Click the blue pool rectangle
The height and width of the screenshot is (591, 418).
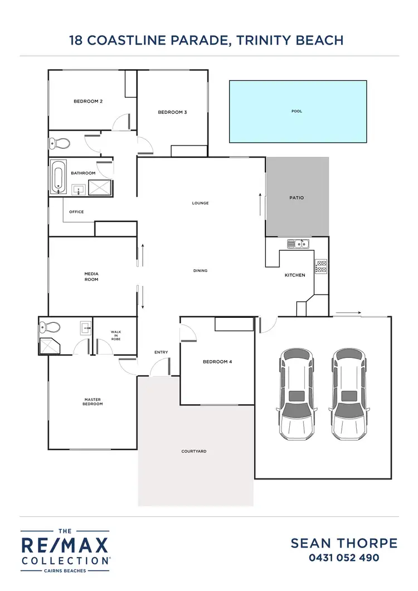point(298,111)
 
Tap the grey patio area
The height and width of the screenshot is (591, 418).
point(297,197)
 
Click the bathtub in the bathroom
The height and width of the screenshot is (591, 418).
point(58,176)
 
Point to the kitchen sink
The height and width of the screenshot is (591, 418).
point(298,244)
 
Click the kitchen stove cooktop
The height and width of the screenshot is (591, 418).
point(321,266)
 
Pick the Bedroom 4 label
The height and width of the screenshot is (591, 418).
point(217,362)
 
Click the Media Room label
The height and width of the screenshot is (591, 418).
point(91,277)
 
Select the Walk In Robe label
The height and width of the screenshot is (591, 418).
point(115,335)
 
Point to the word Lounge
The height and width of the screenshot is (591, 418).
point(200,203)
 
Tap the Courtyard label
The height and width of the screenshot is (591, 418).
point(194,451)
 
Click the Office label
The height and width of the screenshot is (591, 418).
point(76,212)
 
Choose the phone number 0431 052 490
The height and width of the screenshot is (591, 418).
point(344,558)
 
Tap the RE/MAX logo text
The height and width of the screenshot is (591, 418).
point(65,545)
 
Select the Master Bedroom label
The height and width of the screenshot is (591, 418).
point(93,401)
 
